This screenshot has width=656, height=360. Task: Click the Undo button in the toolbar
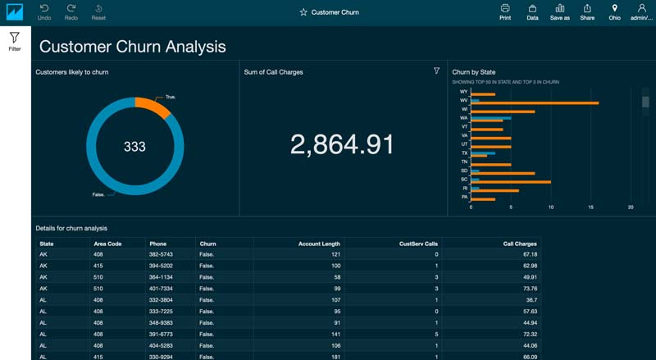point(44,11)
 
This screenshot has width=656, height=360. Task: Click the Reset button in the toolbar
point(98,11)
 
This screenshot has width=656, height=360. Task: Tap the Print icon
point(505,11)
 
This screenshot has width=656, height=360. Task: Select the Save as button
point(560,11)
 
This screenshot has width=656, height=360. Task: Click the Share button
point(587,11)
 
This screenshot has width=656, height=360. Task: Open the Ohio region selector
point(614,11)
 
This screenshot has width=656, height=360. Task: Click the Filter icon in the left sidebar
point(15,41)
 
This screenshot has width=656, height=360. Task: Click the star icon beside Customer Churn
point(303,12)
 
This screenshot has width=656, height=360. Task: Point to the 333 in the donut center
point(134,147)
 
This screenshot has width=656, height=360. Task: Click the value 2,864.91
point(342,144)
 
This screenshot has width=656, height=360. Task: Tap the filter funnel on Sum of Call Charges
point(436,71)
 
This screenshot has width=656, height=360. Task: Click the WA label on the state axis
point(464,118)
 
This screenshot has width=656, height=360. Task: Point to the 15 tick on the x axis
point(590,207)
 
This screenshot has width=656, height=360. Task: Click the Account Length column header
point(319,244)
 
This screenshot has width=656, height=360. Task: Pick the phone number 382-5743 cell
point(161,254)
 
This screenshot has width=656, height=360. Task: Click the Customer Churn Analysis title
point(133,47)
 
